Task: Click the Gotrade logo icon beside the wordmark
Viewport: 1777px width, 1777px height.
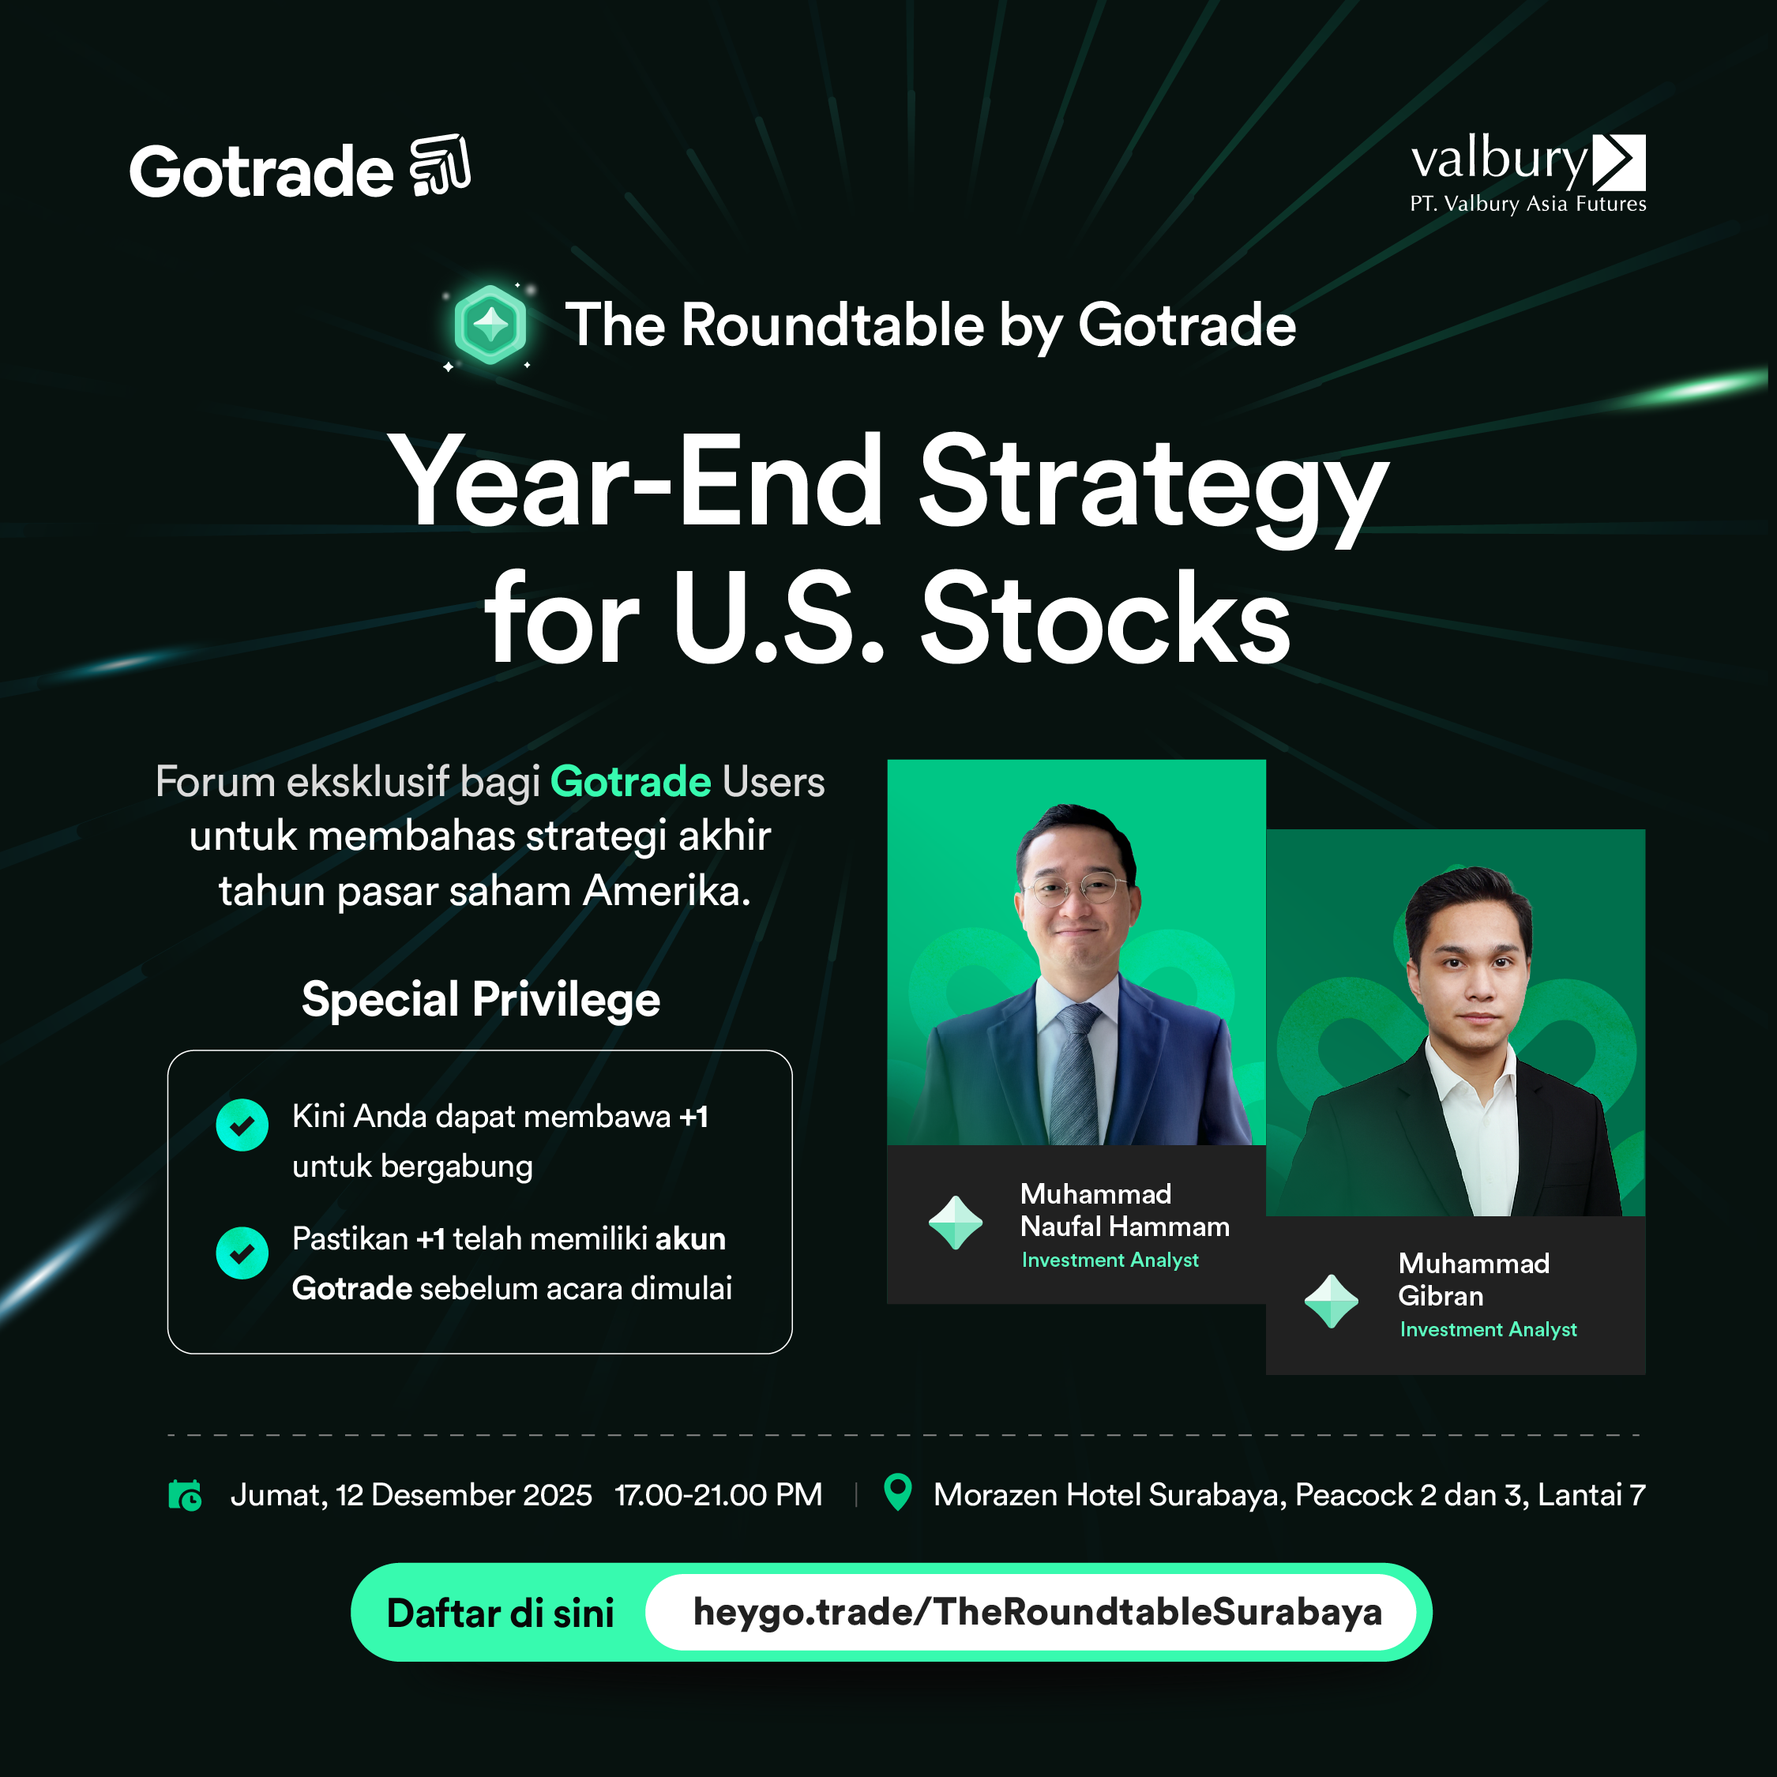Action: click(440, 166)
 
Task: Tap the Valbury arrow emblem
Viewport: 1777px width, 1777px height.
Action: click(1619, 162)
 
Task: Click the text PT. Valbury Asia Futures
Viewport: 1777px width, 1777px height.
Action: click(1527, 205)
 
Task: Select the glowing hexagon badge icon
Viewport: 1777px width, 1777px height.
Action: click(490, 325)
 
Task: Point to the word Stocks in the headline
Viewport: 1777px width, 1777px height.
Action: click(1106, 619)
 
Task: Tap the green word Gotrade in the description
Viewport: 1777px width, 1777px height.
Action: click(630, 782)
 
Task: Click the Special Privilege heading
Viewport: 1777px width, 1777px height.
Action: click(481, 1000)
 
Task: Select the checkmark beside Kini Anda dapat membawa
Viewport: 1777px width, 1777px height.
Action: click(242, 1125)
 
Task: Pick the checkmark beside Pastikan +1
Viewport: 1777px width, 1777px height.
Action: click(242, 1253)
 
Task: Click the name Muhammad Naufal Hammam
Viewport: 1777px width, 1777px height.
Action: click(1125, 1211)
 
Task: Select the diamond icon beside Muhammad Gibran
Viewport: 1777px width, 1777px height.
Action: click(1331, 1302)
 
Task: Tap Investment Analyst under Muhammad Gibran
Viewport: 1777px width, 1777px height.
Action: click(1488, 1329)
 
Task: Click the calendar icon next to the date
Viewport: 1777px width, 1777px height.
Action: click(185, 1494)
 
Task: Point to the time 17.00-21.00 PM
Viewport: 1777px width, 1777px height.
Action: click(719, 1494)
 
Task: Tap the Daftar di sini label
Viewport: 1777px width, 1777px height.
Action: click(501, 1614)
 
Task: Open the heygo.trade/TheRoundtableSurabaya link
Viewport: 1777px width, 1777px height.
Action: click(1038, 1613)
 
